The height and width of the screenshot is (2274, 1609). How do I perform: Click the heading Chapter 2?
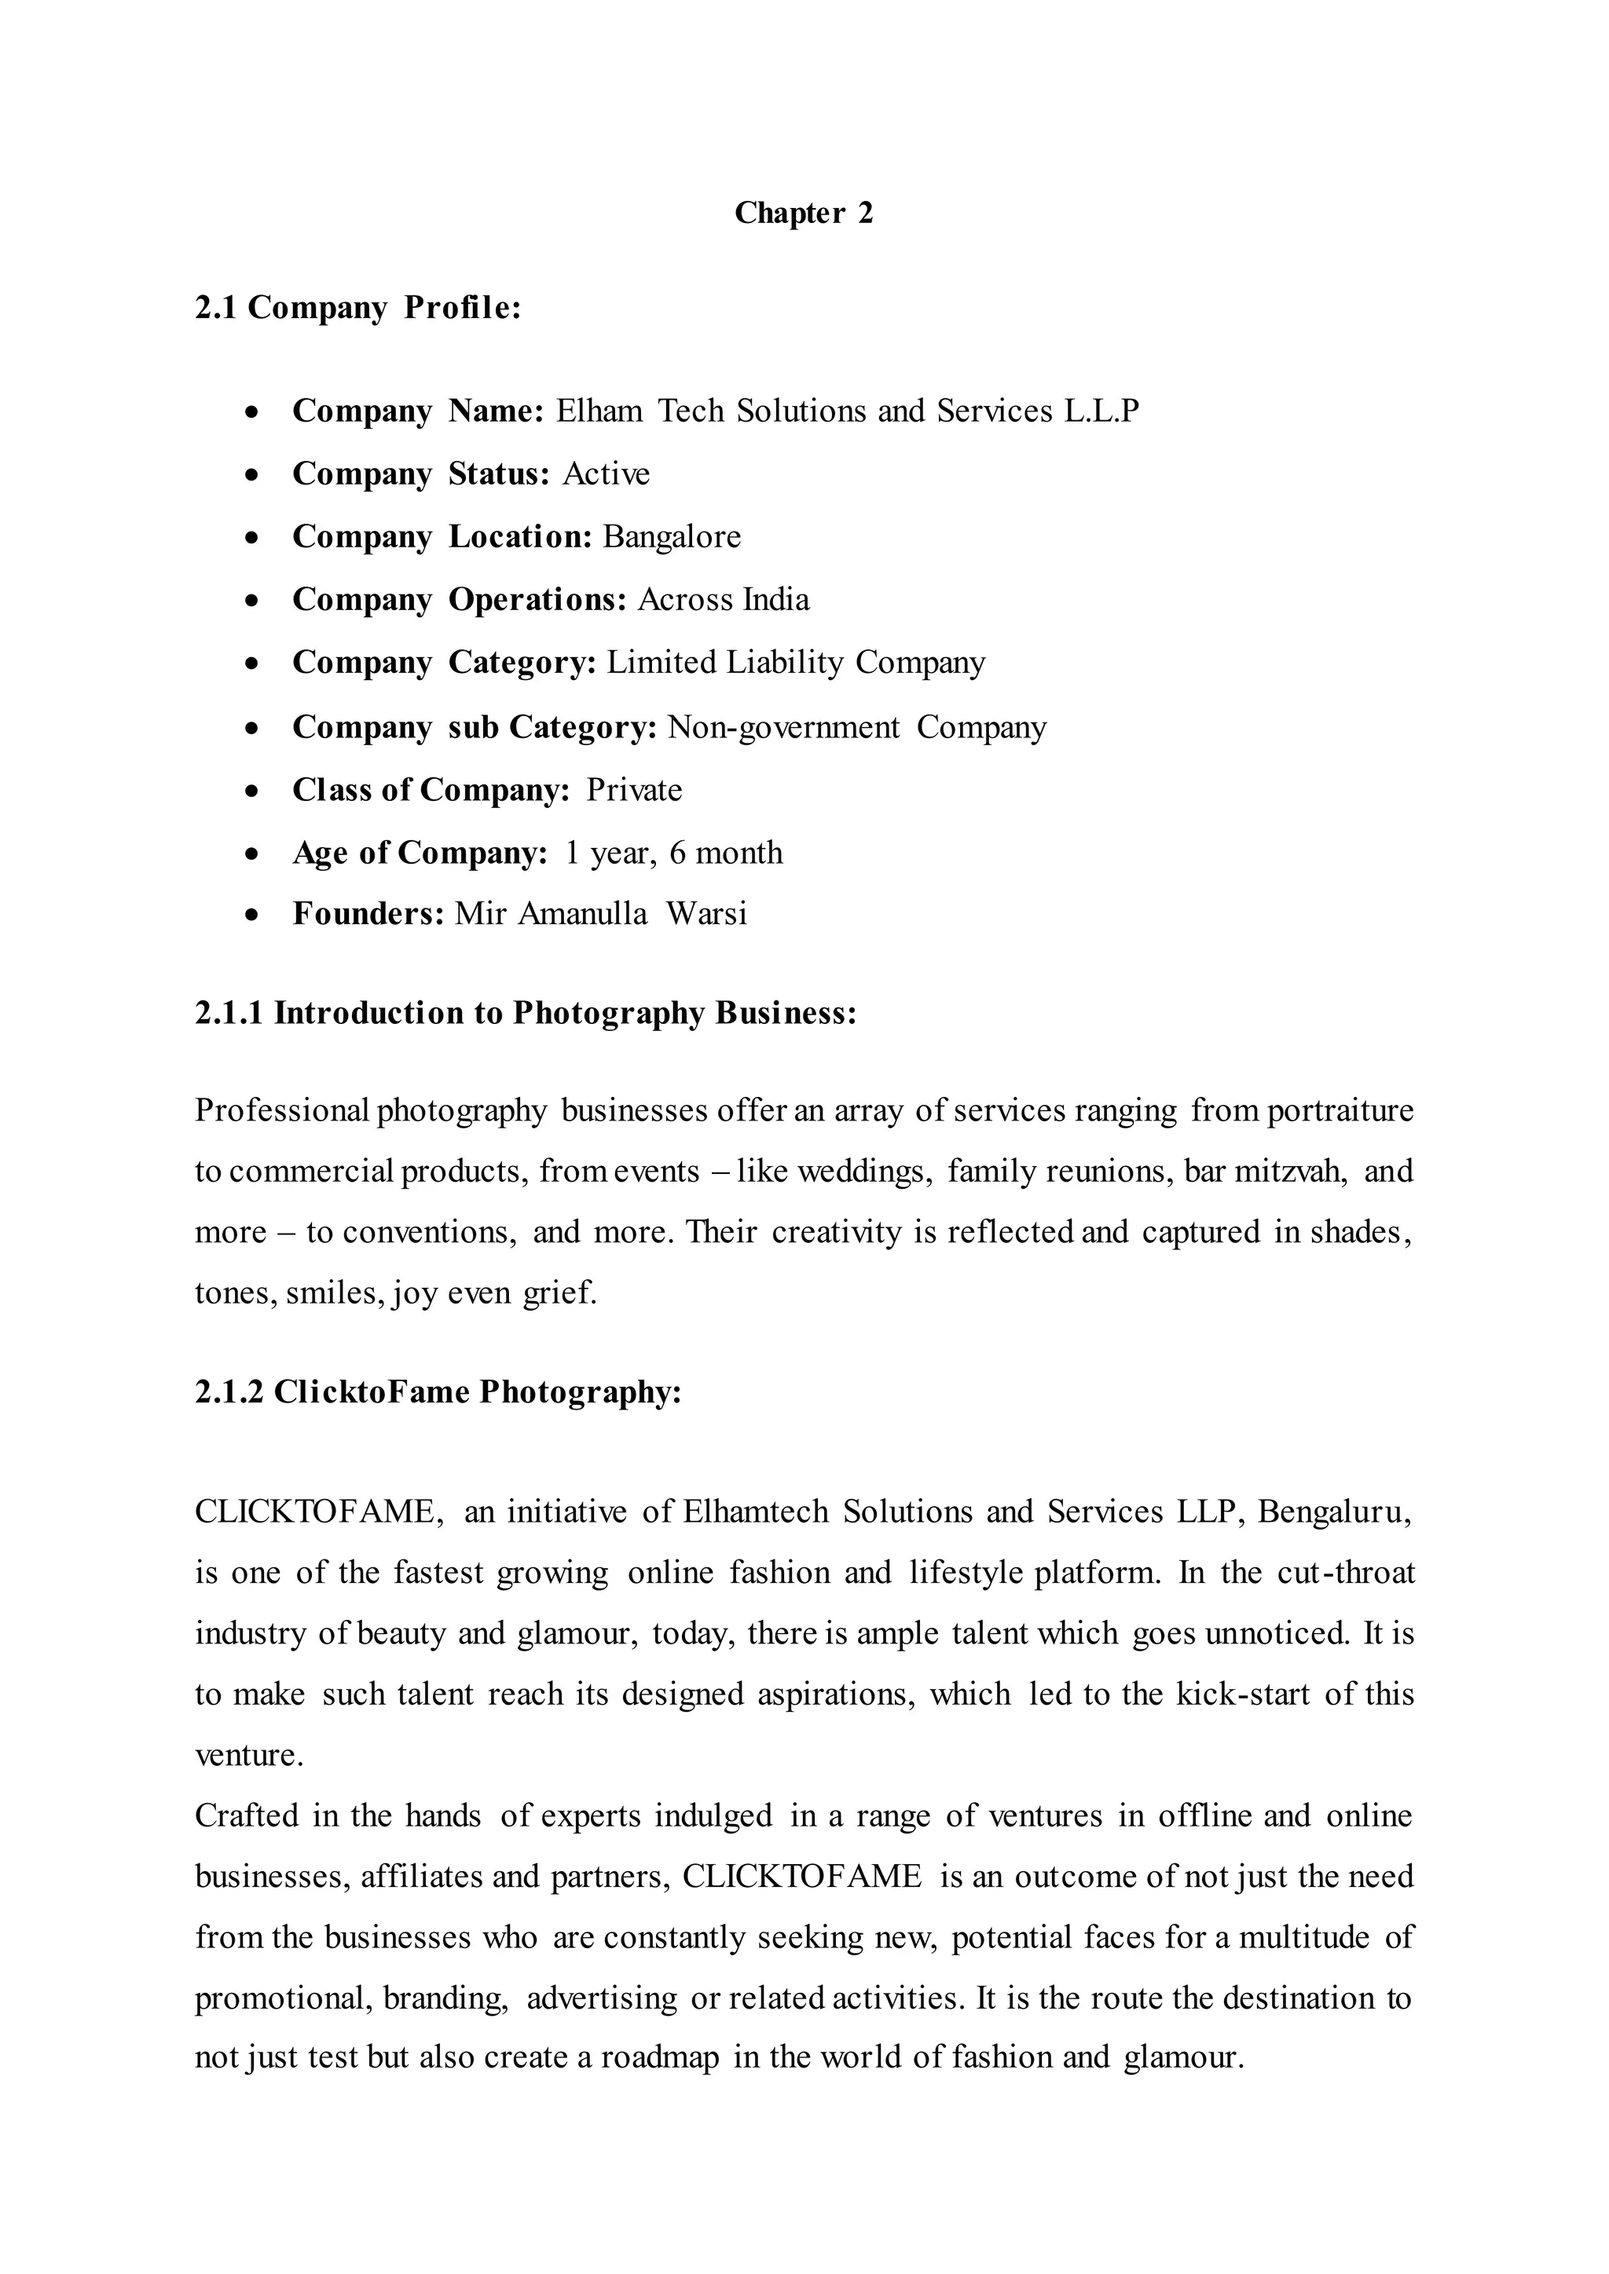tap(804, 213)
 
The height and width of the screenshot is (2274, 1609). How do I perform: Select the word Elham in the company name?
tap(599, 411)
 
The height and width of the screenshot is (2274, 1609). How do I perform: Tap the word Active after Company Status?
tap(607, 474)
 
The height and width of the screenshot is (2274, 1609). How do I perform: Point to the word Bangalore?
tap(672, 537)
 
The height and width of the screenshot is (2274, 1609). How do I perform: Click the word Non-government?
tap(784, 728)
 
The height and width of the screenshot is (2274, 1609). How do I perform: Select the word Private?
tap(634, 791)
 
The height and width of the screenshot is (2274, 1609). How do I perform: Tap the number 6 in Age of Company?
tap(678, 853)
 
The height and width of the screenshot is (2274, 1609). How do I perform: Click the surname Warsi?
tap(706, 913)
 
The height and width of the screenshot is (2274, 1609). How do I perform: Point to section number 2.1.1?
tap(229, 1013)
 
